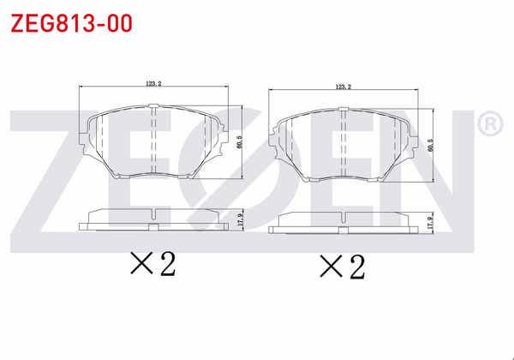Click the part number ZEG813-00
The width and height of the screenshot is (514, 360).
[70, 22]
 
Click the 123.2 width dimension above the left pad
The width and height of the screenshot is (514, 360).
[154, 82]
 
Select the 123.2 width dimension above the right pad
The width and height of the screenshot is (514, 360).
[344, 87]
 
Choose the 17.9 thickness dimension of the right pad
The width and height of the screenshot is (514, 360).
[431, 222]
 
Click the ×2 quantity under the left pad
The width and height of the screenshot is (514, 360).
[152, 264]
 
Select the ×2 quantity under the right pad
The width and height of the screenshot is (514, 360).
[342, 267]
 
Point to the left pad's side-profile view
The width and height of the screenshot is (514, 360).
[152, 219]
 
